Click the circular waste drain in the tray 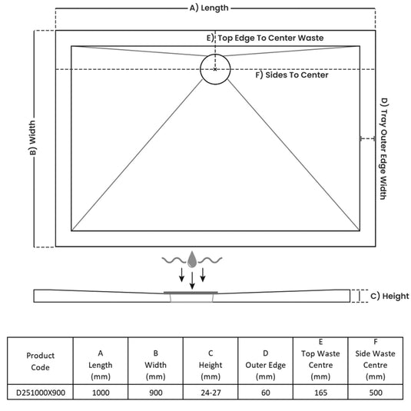[x=215, y=55]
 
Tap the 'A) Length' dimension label [x=209, y=8]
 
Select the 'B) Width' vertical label [x=33, y=138]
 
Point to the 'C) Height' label [x=389, y=297]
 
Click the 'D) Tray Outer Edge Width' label [x=384, y=148]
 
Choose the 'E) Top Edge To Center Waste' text [x=265, y=38]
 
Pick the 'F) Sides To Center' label [x=292, y=75]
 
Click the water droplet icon [x=192, y=260]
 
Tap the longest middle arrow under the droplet [x=192, y=280]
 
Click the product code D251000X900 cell [x=41, y=393]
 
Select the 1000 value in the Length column [x=101, y=393]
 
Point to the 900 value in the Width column [x=156, y=393]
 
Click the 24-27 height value [x=210, y=393]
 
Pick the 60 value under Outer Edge [x=266, y=393]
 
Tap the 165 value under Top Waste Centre [x=320, y=393]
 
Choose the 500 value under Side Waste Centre [x=376, y=393]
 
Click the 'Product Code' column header [x=41, y=361]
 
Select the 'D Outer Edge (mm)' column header [x=266, y=365]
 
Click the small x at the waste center [x=215, y=69]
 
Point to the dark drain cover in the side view [x=191, y=292]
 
